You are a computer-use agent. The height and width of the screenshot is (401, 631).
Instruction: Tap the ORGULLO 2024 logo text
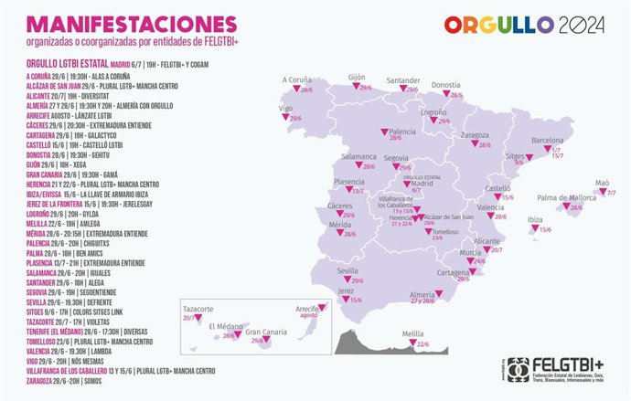(523, 25)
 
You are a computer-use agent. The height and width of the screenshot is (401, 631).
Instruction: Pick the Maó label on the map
(603, 182)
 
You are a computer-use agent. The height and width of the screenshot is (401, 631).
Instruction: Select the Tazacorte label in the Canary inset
(202, 308)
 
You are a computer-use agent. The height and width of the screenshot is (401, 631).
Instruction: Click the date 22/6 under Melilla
(422, 344)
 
